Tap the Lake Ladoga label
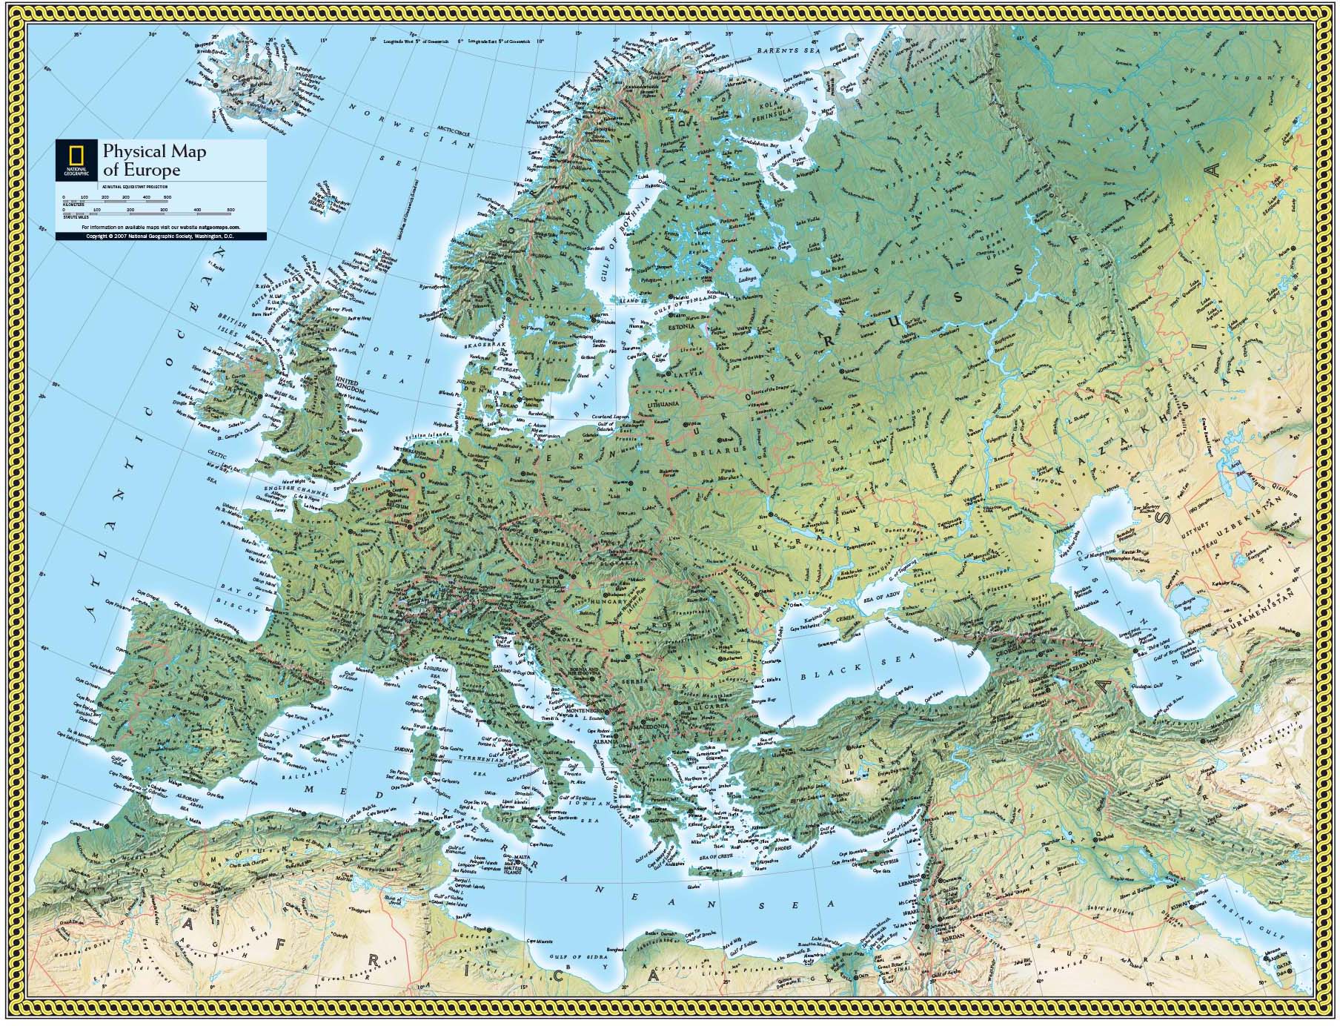point(748,278)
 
